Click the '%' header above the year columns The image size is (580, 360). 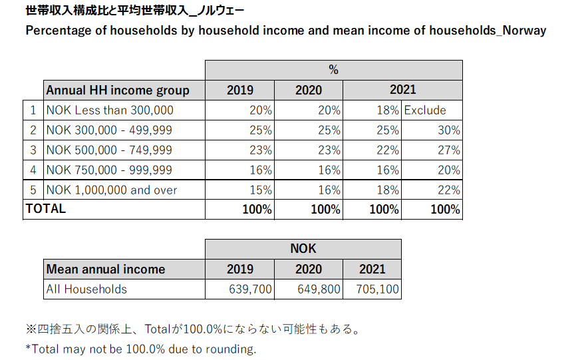tap(333, 70)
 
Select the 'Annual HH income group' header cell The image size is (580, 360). tap(118, 90)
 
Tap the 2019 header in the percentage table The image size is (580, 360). tap(240, 90)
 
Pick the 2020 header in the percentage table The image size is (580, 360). tap(309, 90)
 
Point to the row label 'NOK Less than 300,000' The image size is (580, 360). tap(110, 110)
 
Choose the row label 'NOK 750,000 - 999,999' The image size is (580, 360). tap(109, 170)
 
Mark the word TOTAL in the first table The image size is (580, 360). tap(46, 209)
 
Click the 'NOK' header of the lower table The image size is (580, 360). tap(303, 249)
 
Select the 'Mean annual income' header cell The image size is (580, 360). tap(106, 270)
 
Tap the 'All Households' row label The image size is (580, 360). tap(86, 289)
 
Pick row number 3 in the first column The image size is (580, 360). tap(33, 150)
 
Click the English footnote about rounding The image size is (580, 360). tap(141, 349)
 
